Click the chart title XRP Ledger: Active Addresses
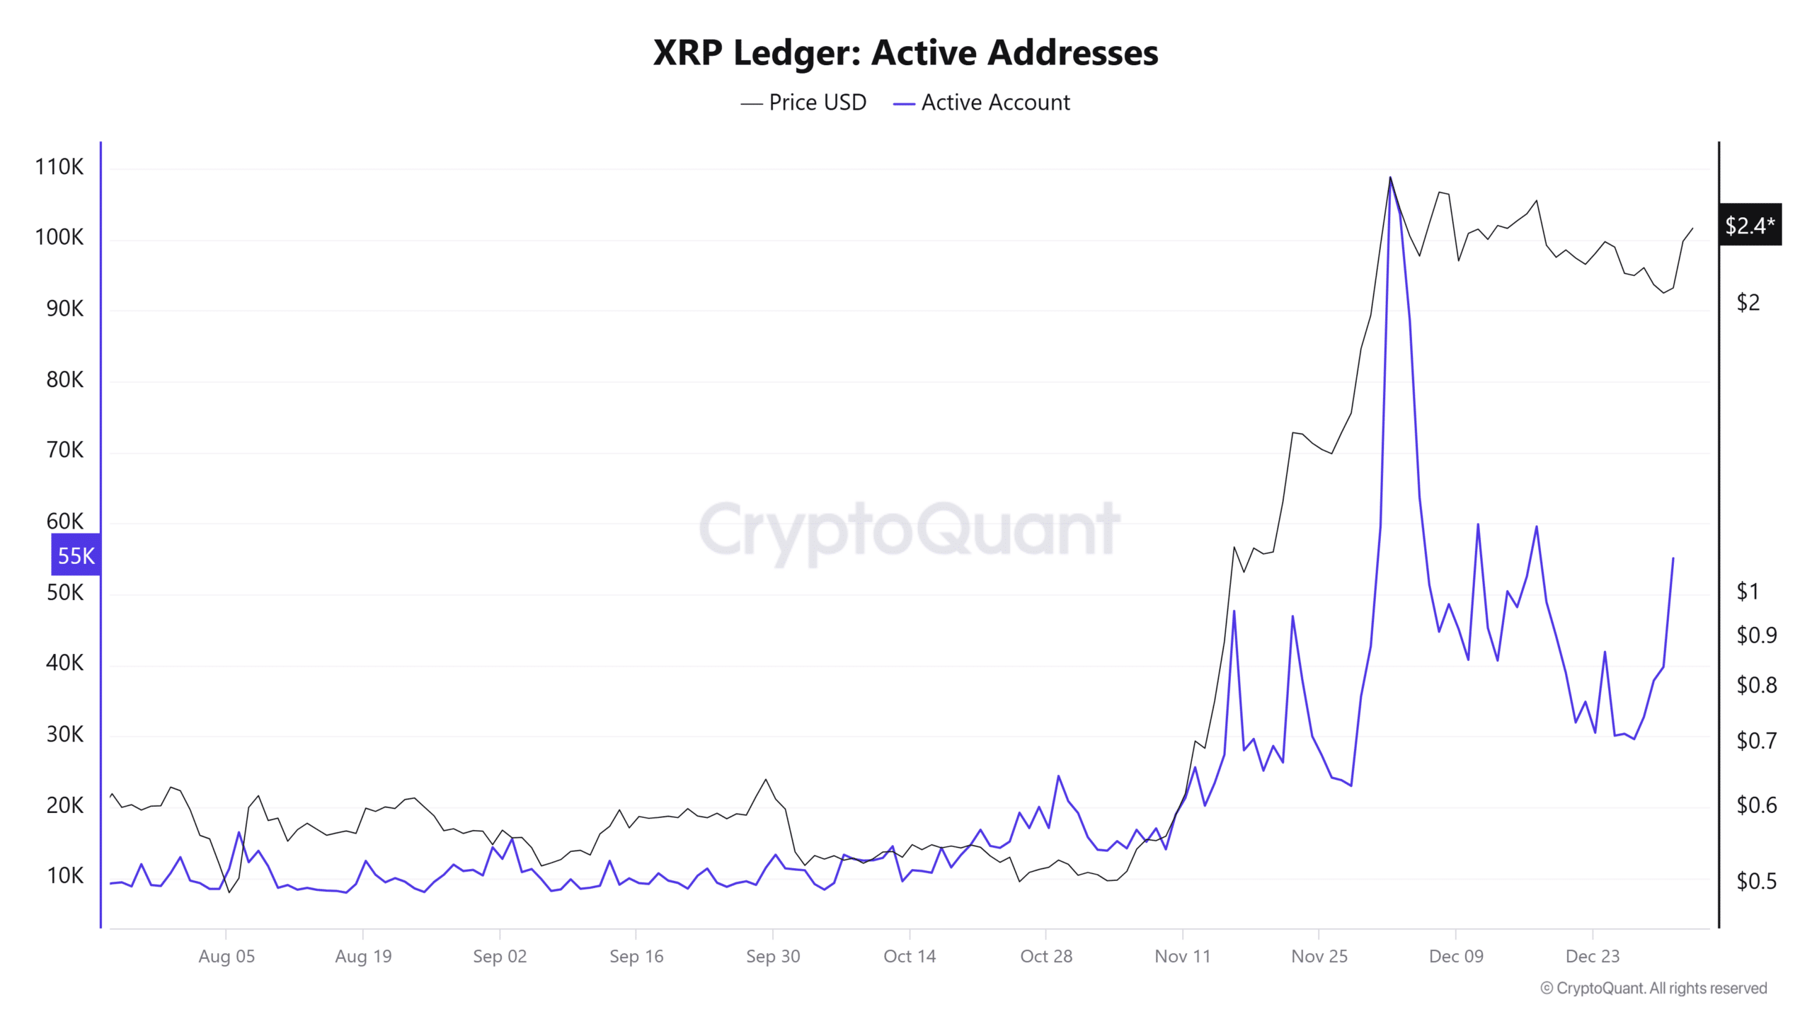[905, 52]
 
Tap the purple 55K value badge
[76, 555]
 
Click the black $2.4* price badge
[1749, 225]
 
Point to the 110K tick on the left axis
[59, 167]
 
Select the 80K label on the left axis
[64, 380]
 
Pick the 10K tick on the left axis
[64, 876]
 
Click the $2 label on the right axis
[1748, 303]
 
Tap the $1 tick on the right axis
[1747, 591]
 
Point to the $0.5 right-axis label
[1756, 881]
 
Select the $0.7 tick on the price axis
[1756, 740]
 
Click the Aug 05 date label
[226, 957]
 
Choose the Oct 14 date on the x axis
[910, 957]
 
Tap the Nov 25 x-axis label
[1319, 957]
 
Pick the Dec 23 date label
[1593, 957]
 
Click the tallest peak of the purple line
[1390, 180]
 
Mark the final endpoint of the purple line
[1673, 559]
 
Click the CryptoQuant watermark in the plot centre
[910, 529]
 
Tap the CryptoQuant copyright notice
[1653, 989]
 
